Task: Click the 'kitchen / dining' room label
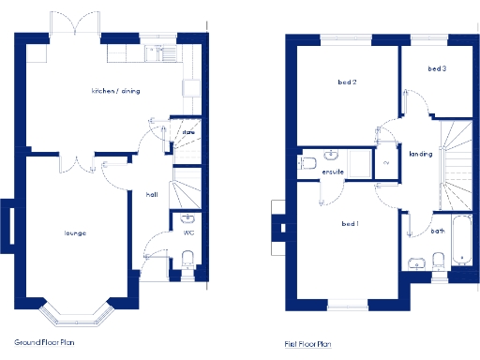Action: point(115,91)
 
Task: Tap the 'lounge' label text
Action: point(75,232)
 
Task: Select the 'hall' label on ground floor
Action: point(151,195)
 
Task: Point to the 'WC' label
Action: point(188,231)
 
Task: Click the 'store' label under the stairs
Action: point(187,133)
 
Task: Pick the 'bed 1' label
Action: point(350,225)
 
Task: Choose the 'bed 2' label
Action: point(348,82)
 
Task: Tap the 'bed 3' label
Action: point(436,68)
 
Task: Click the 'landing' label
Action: point(419,154)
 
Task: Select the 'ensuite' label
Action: point(332,173)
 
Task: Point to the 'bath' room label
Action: point(438,231)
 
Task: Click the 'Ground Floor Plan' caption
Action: point(44,343)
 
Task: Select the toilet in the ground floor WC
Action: point(187,259)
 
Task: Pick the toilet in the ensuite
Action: point(308,163)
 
